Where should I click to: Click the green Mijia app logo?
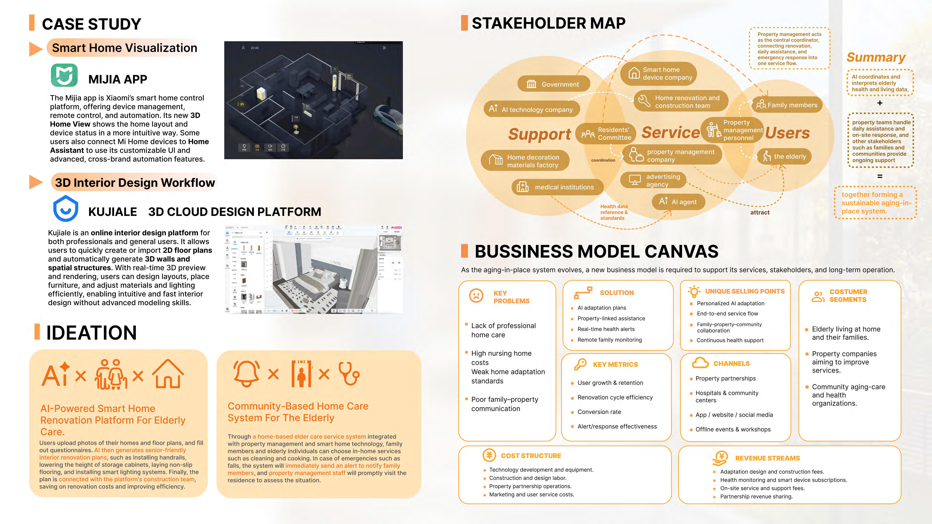64,75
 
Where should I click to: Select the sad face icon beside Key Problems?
476,295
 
